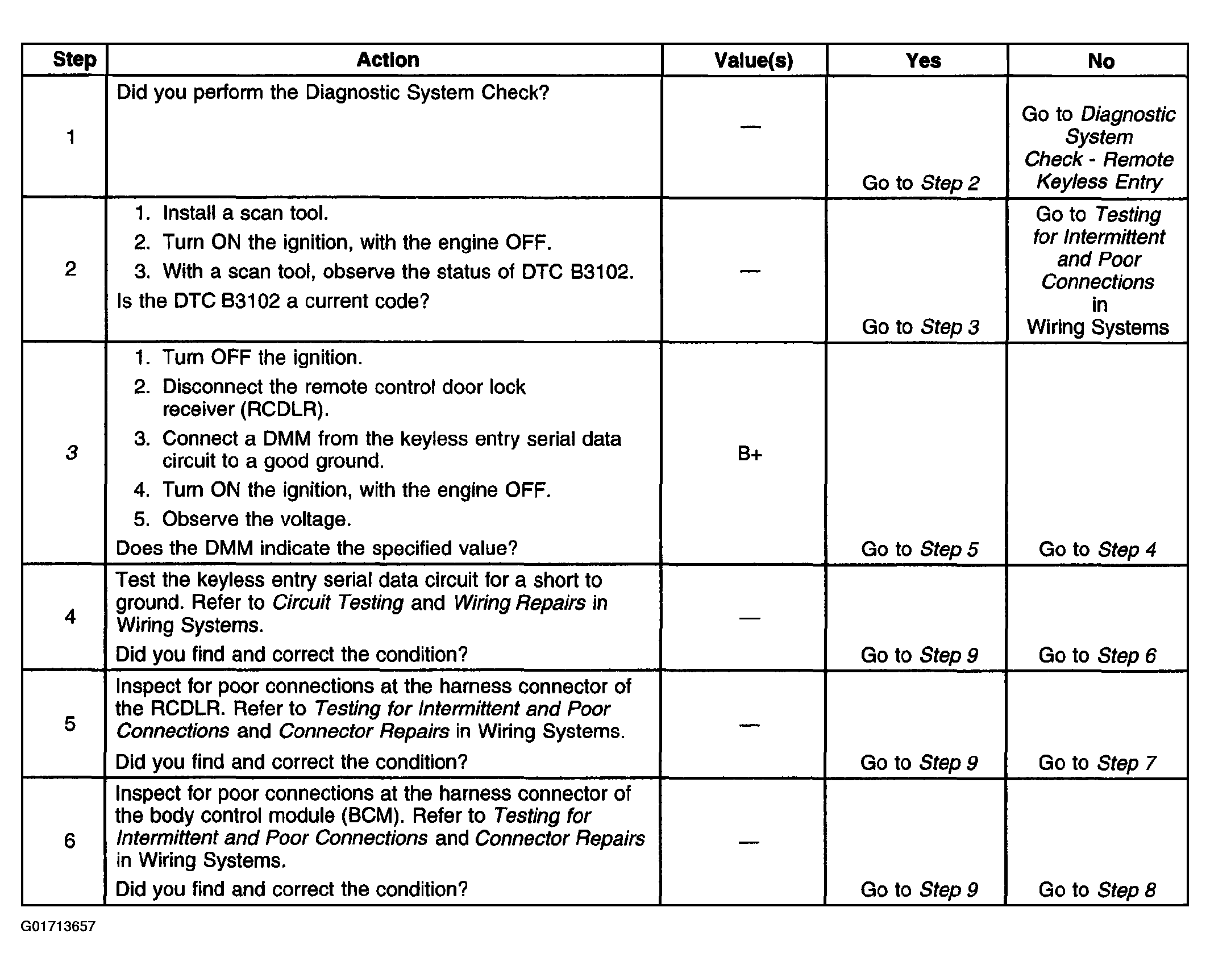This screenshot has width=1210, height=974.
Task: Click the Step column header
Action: tap(74, 60)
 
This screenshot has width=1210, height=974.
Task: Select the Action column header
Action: tap(388, 60)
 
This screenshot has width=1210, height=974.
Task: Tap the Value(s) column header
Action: tap(753, 60)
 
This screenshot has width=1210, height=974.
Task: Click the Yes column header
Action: tap(923, 60)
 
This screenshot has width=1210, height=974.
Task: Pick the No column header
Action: tap(1101, 61)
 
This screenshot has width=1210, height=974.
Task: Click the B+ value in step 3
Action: tap(750, 453)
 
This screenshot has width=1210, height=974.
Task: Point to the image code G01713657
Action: tap(58, 927)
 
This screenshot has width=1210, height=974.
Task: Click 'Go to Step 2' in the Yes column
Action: tap(921, 182)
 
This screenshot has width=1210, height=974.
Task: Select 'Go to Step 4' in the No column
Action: tap(1097, 549)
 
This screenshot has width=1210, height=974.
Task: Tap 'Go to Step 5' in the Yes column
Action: tap(920, 549)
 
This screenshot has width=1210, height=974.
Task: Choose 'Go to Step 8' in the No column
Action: tap(1097, 889)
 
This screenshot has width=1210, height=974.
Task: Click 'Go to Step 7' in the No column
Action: tap(1097, 762)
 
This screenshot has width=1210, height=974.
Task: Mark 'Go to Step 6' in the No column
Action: tap(1097, 655)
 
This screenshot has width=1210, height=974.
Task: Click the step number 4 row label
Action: tap(70, 617)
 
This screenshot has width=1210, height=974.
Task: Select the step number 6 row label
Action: tap(69, 840)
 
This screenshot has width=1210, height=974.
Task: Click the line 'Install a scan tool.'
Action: tap(245, 213)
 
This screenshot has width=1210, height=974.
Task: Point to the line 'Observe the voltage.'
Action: tap(257, 519)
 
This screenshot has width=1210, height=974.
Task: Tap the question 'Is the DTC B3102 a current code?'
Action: tap(273, 301)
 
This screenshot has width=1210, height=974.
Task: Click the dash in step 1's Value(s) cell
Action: tap(750, 126)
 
